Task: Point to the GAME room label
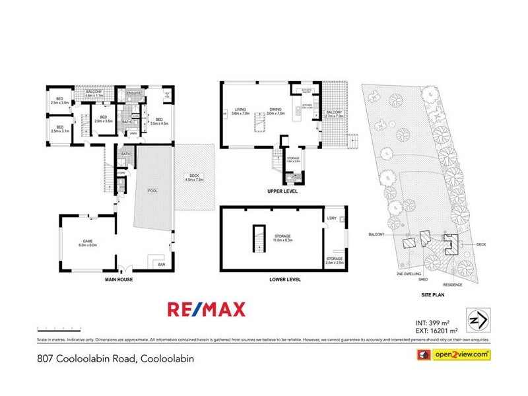click(88, 243)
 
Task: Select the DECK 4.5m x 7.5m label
click(195, 177)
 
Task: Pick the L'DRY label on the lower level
click(331, 218)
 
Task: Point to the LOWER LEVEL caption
click(285, 280)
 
